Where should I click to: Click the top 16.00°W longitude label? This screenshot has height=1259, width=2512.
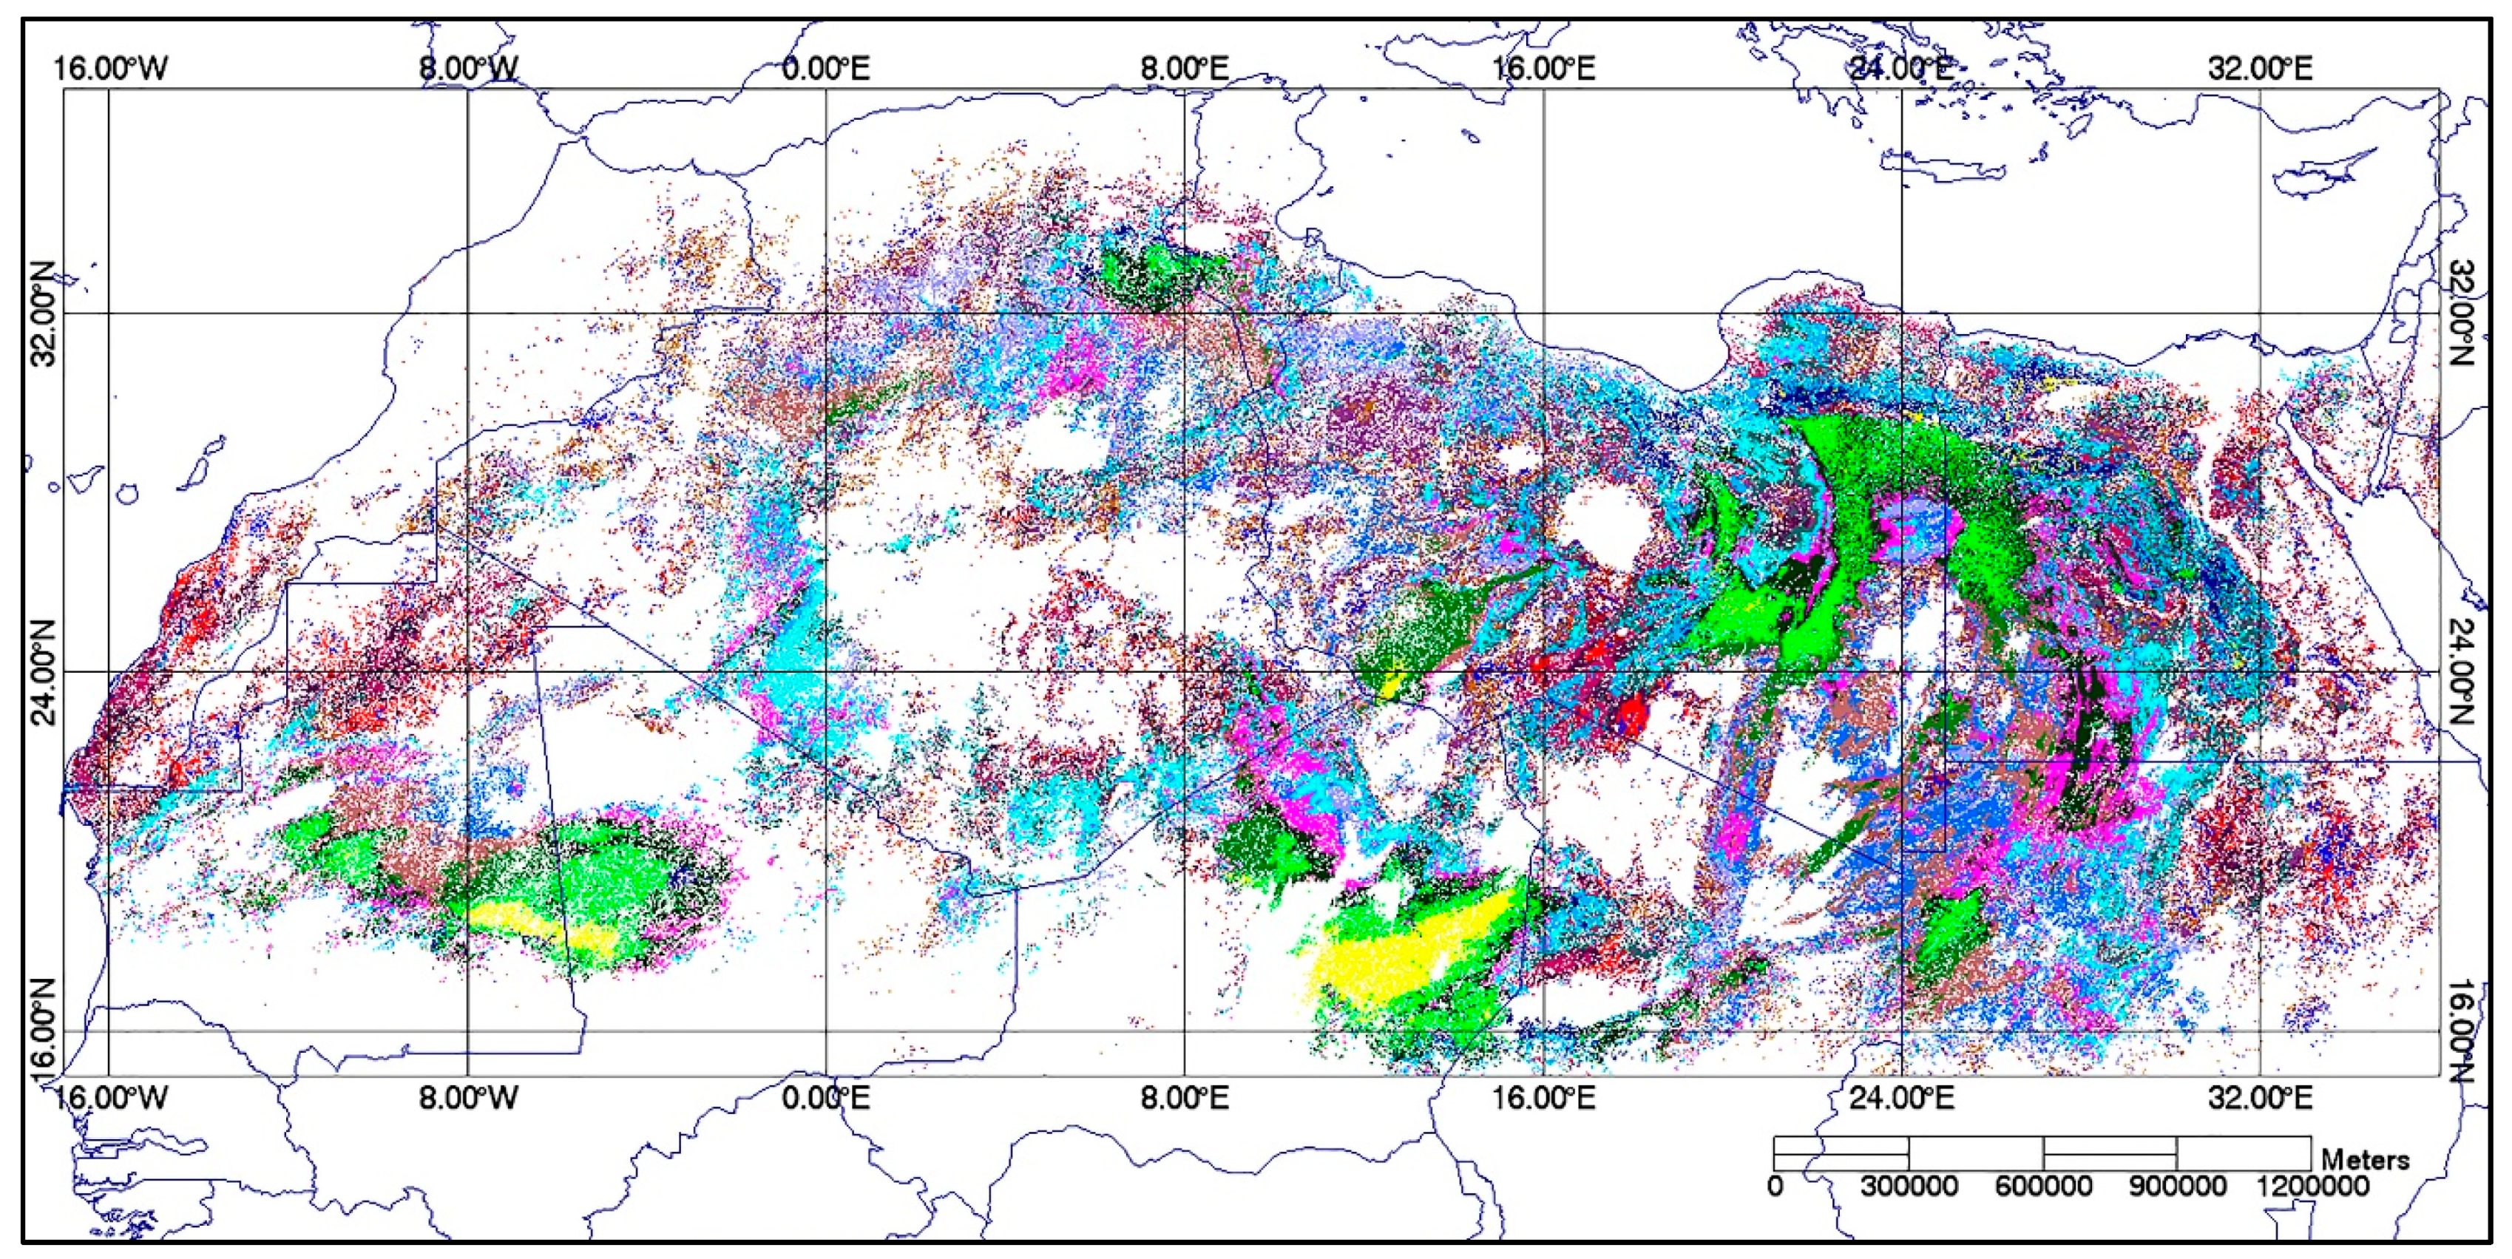click(x=109, y=68)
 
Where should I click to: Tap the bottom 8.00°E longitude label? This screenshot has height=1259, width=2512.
click(x=1185, y=1098)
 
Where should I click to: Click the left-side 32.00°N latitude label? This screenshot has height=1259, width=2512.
click(x=44, y=313)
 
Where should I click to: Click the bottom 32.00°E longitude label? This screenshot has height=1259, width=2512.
click(x=2261, y=1098)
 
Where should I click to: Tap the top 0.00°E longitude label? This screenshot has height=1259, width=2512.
click(x=827, y=68)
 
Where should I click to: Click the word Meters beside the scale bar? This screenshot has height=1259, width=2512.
click(x=2365, y=1159)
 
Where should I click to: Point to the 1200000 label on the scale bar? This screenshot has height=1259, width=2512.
click(x=2311, y=1186)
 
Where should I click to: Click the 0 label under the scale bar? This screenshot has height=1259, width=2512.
click(x=1775, y=1186)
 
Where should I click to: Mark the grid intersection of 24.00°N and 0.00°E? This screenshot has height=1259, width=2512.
click(x=827, y=672)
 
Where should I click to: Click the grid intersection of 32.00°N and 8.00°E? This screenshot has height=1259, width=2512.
click(x=1185, y=313)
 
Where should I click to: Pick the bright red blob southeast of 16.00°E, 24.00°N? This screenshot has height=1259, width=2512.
click(x=1631, y=717)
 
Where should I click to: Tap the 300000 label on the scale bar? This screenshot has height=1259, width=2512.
click(x=1909, y=1186)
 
